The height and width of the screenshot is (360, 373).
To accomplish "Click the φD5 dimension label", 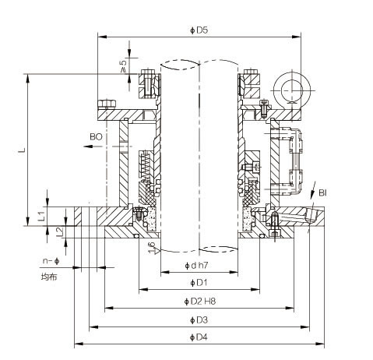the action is pos(199,30).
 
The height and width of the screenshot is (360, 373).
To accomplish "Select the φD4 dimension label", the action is pos(199,337).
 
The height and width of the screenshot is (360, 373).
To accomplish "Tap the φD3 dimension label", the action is pos(199,320).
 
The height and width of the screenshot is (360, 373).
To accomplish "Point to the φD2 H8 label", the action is pos(199,302).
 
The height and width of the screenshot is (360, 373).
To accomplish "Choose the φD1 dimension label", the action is pos(199,283).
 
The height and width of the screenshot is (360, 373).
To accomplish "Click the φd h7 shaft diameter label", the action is pos(196,266).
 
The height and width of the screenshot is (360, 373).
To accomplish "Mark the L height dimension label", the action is pos(23,150).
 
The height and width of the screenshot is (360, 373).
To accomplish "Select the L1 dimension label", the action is pos(41,216).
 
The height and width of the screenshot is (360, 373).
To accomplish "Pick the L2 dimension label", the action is pos(60,231).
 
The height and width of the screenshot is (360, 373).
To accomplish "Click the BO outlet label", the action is pos(96,137).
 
